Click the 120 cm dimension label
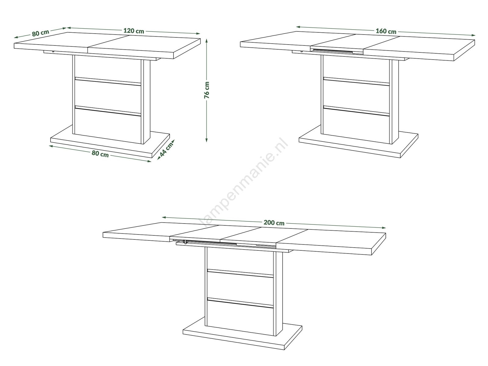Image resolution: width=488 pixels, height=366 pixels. pyautogui.click(x=134, y=31)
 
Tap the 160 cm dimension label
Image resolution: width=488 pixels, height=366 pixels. pyautogui.click(x=386, y=31)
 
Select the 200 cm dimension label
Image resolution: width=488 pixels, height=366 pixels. pyautogui.click(x=274, y=222)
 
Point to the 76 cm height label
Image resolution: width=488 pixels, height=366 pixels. pyautogui.click(x=207, y=90)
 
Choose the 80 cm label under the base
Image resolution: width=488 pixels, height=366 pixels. pyautogui.click(x=100, y=153)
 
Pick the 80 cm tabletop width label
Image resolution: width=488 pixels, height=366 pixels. pyautogui.click(x=41, y=33)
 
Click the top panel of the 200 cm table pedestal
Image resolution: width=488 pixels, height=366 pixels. pyautogui.click(x=240, y=259)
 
